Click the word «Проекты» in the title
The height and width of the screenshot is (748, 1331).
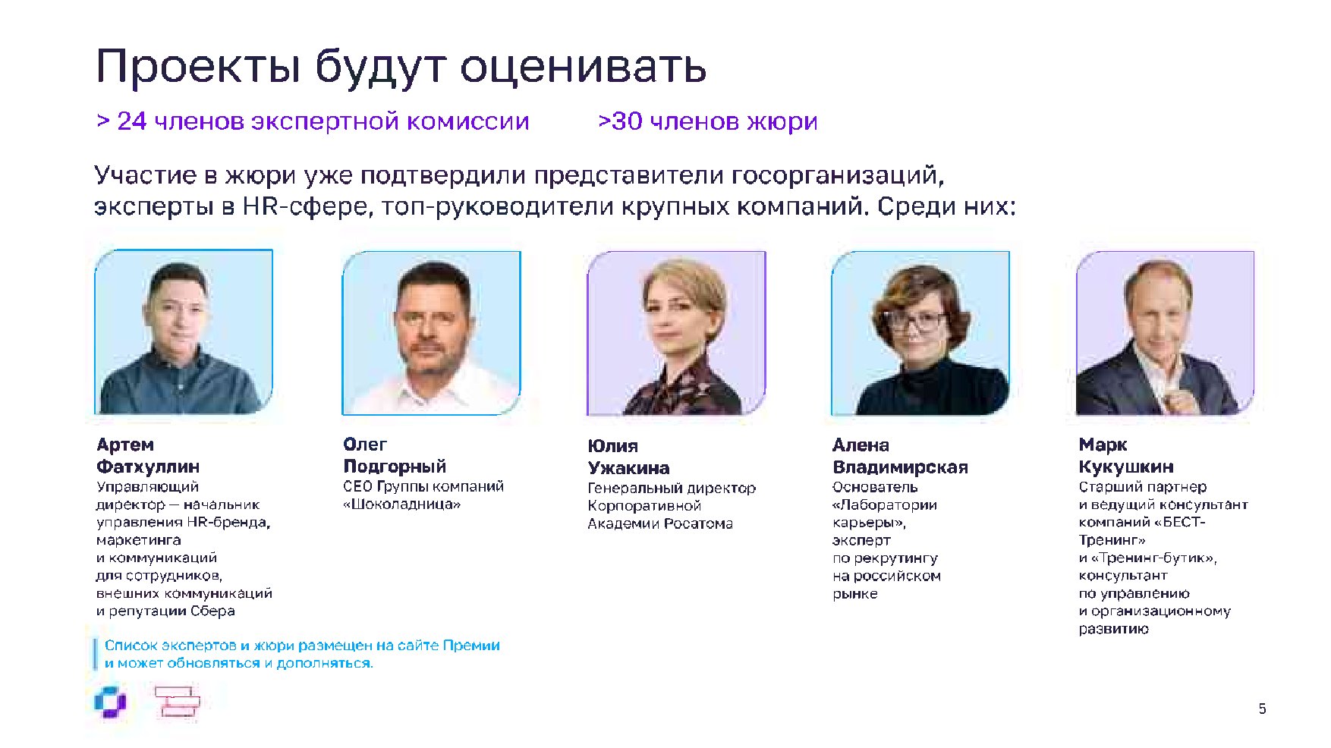(x=199, y=66)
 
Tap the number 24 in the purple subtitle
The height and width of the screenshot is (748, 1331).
(x=131, y=121)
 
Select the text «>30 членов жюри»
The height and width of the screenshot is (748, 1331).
(x=707, y=121)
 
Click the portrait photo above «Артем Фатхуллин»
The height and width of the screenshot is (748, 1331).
(x=184, y=332)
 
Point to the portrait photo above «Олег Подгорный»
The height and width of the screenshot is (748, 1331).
(x=432, y=332)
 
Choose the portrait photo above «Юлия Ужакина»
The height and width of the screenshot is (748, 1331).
(x=676, y=333)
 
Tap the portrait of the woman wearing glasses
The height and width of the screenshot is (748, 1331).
(x=920, y=333)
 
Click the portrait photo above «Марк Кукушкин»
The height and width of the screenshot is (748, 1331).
(x=1165, y=333)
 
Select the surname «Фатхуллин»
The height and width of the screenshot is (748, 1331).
(x=148, y=466)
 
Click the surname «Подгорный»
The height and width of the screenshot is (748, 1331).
(x=395, y=466)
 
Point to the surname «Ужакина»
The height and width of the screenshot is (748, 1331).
(x=629, y=467)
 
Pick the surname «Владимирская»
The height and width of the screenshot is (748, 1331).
(x=900, y=467)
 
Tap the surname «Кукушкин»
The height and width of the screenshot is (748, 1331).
(x=1126, y=466)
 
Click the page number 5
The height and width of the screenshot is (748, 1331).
(x=1262, y=709)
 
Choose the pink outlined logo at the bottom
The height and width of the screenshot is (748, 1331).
(x=178, y=702)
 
